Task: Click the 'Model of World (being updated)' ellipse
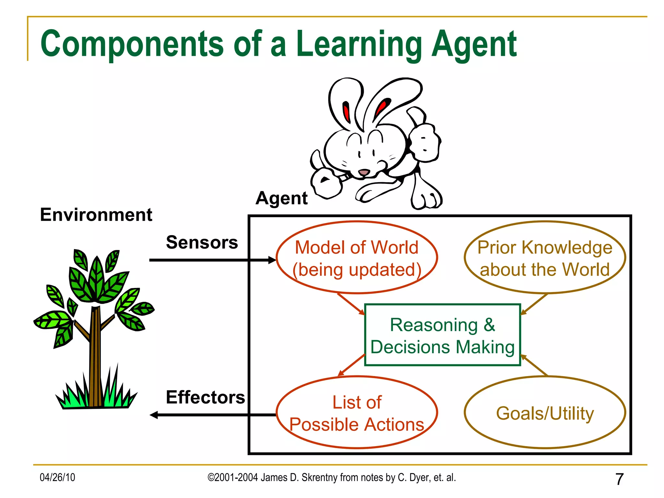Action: (357, 258)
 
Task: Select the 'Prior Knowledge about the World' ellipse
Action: (545, 258)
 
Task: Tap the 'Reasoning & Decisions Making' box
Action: (443, 335)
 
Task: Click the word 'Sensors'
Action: (202, 242)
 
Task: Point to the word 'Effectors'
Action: (205, 397)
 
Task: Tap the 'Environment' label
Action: (96, 215)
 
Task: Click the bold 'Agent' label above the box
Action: (281, 198)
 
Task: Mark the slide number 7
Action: (619, 479)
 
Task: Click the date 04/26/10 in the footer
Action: (57, 477)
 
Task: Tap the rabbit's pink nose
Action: (364, 172)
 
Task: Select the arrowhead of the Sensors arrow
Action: (272, 260)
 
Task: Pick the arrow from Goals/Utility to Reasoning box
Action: (534, 366)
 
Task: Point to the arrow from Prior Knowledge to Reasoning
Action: (534, 304)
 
